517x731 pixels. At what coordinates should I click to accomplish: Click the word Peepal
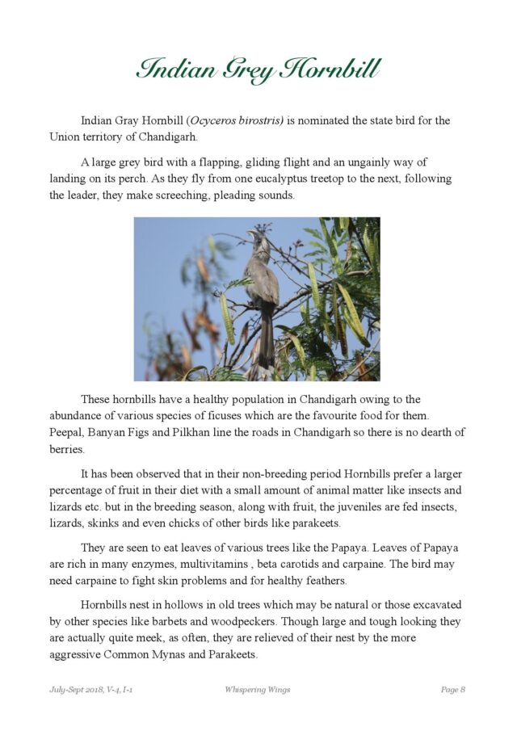(66, 433)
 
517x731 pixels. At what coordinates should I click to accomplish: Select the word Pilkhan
(185, 433)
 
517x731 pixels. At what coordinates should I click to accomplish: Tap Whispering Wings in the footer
(257, 690)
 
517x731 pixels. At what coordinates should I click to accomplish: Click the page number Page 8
(452, 690)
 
